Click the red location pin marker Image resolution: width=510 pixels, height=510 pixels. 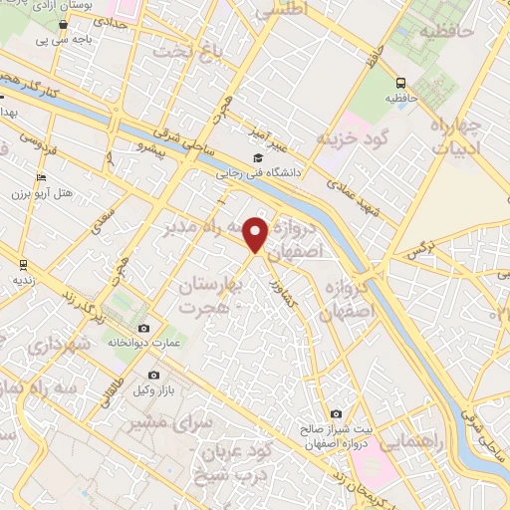257,235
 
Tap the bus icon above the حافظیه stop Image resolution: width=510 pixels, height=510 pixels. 400,84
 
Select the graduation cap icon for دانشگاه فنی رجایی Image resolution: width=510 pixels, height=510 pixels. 259,157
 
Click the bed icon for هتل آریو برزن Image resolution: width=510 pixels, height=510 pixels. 39,177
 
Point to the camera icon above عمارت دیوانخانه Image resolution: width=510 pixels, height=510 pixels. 144,329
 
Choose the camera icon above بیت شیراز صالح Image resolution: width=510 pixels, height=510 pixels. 336,414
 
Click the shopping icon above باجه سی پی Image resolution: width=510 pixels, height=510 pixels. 63,25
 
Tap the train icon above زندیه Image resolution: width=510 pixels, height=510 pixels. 22,264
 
